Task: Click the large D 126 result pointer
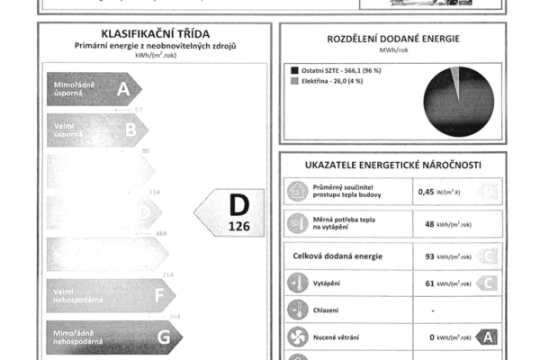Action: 233,212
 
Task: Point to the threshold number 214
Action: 167,274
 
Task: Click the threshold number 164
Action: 162,233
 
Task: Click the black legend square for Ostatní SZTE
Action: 294,68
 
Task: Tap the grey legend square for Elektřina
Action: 294,81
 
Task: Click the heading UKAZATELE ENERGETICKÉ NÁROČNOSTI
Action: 392,165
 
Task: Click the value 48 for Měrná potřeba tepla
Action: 431,223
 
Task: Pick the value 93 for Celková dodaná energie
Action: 431,256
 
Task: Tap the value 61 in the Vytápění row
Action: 431,283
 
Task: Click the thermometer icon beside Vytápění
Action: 297,283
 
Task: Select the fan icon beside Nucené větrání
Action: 297,337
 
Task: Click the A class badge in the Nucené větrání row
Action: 486,337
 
